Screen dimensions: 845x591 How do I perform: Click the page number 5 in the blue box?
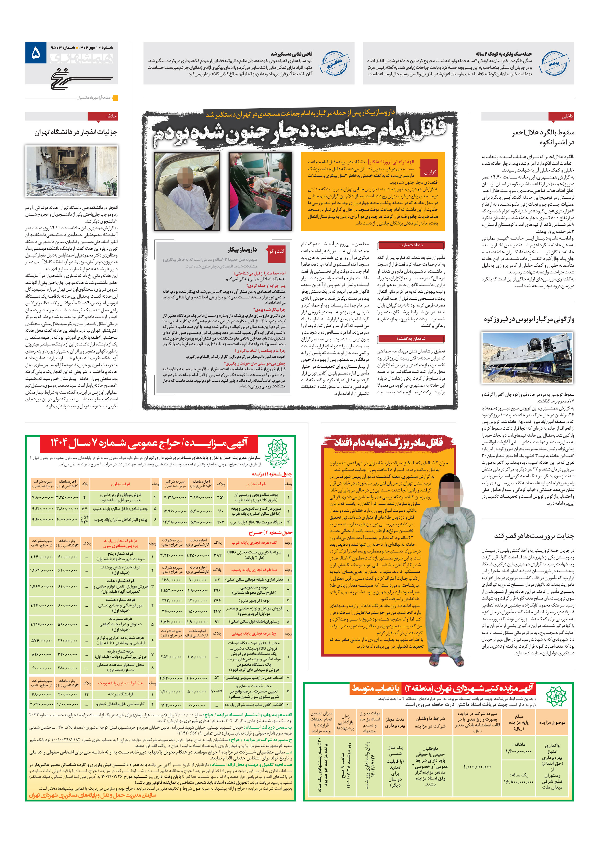(36, 53)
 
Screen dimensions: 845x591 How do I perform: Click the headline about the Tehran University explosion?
(76, 132)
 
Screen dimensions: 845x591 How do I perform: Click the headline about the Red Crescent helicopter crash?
(543, 137)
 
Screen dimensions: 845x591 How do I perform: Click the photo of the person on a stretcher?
(260, 191)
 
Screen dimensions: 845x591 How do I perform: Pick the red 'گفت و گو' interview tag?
(276, 252)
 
